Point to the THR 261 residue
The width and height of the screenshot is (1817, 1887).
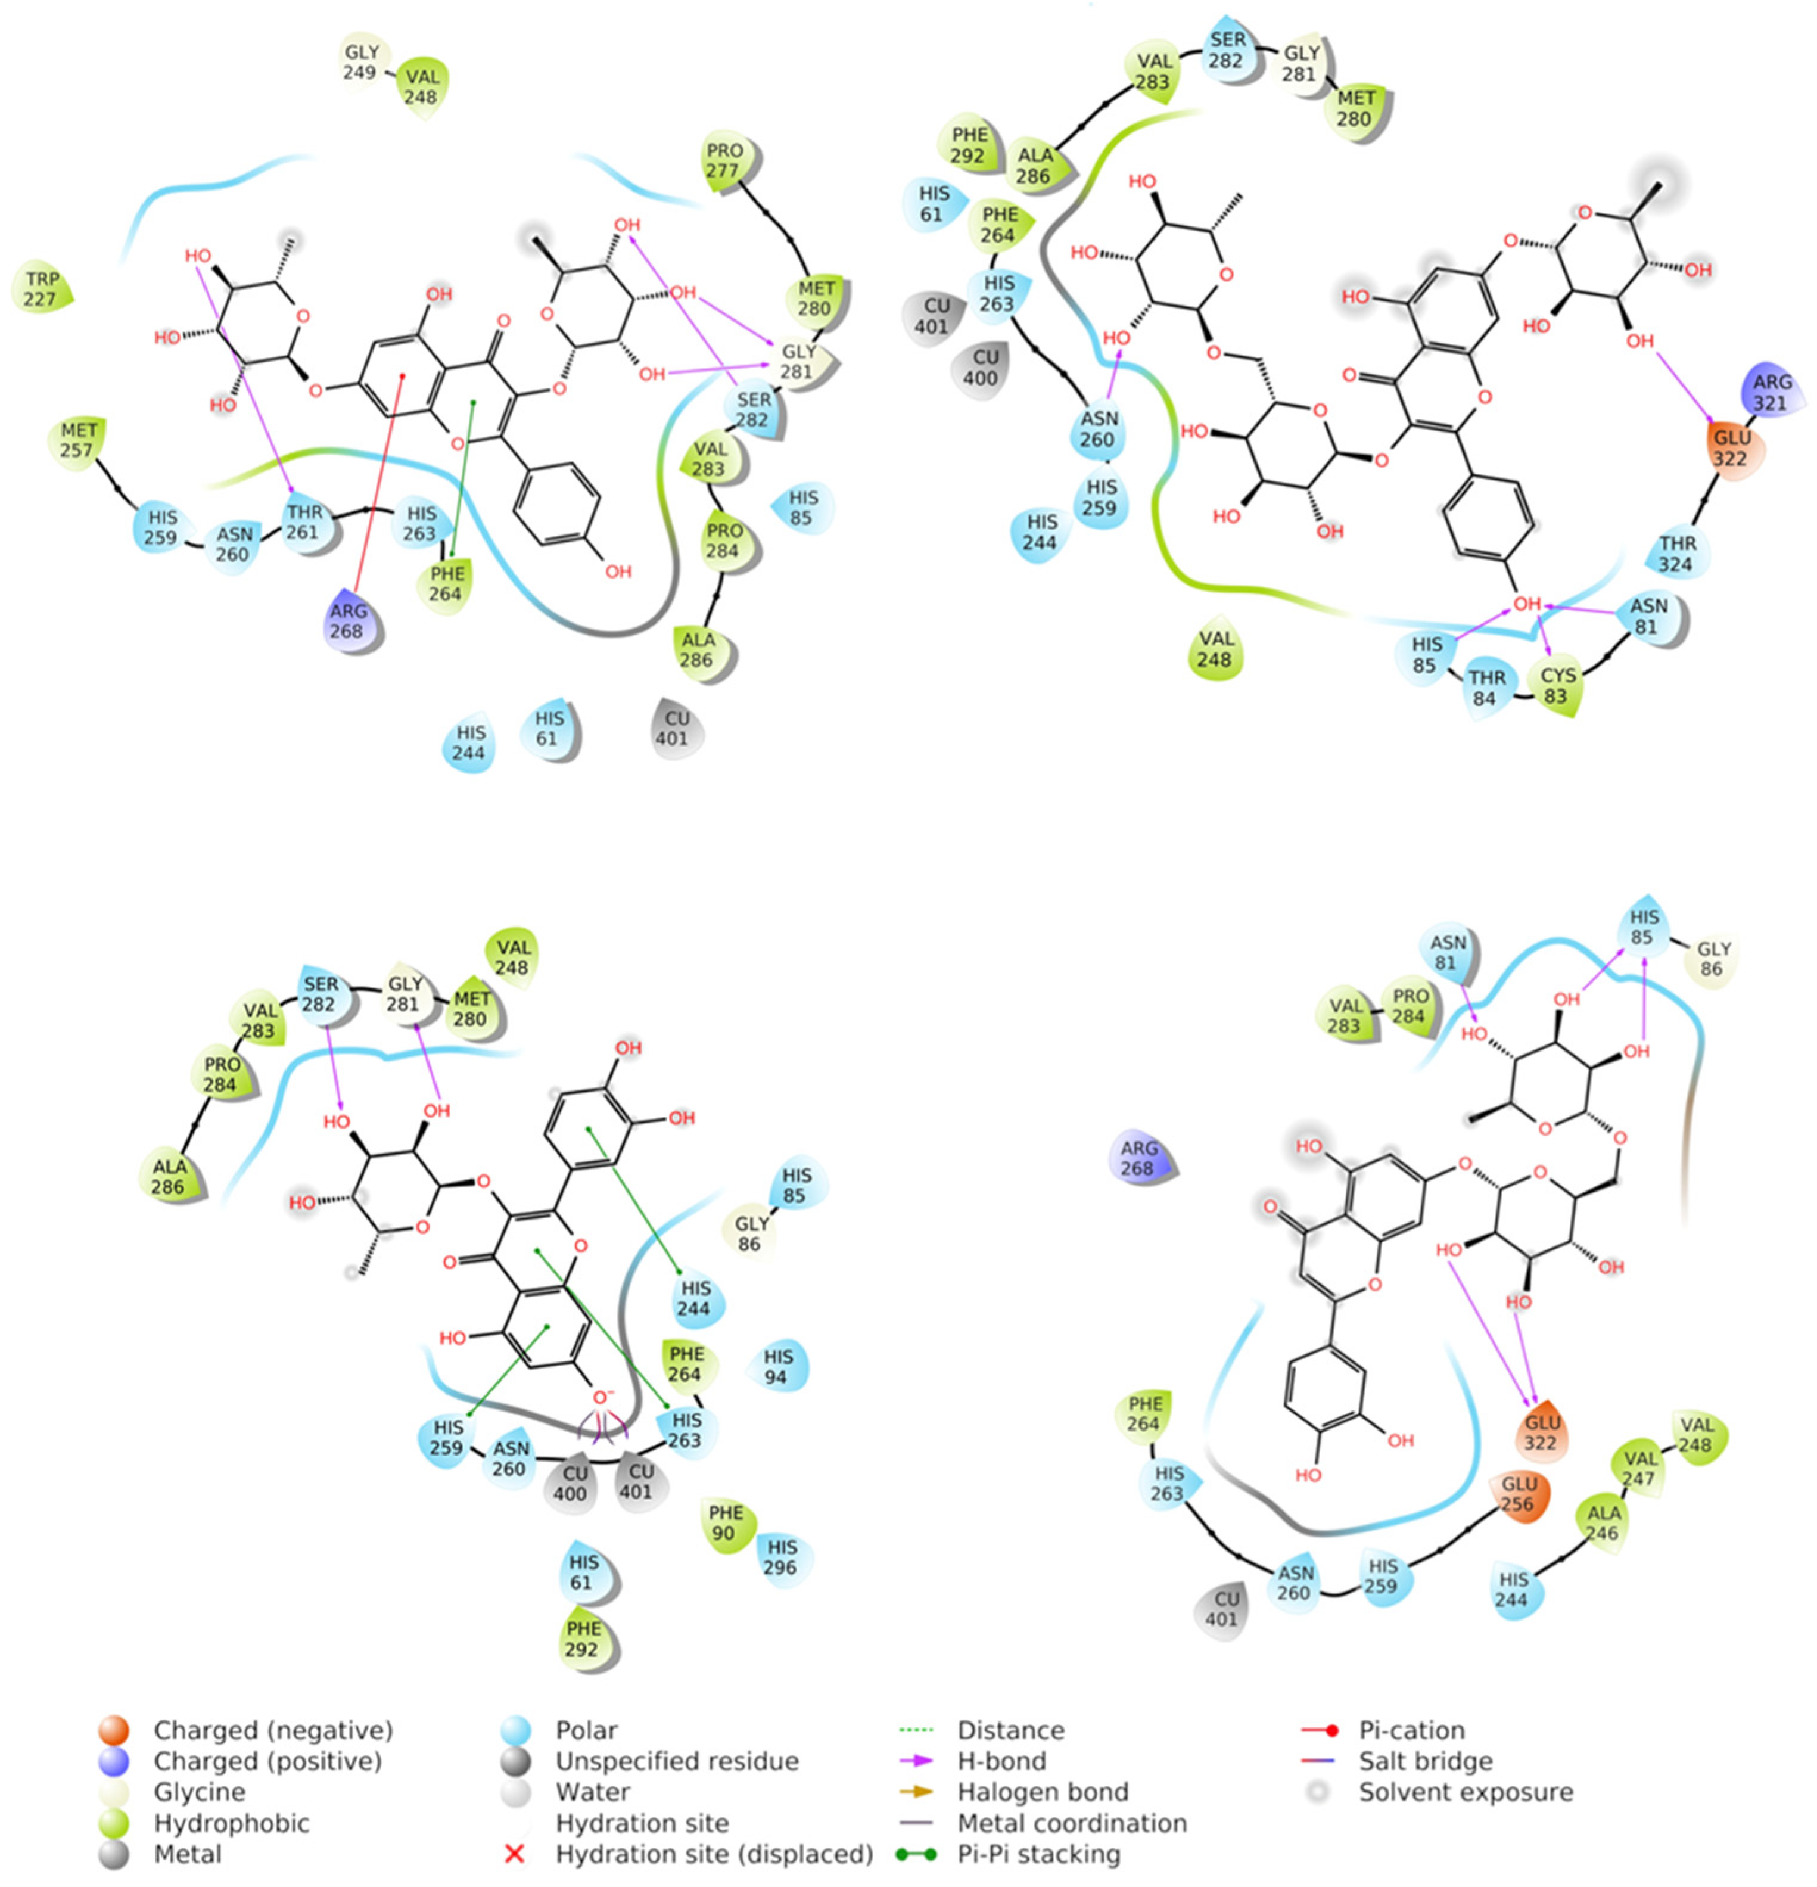[305, 523]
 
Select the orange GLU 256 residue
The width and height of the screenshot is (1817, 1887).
[1518, 1493]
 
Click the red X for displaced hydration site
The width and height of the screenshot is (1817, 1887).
[515, 1853]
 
